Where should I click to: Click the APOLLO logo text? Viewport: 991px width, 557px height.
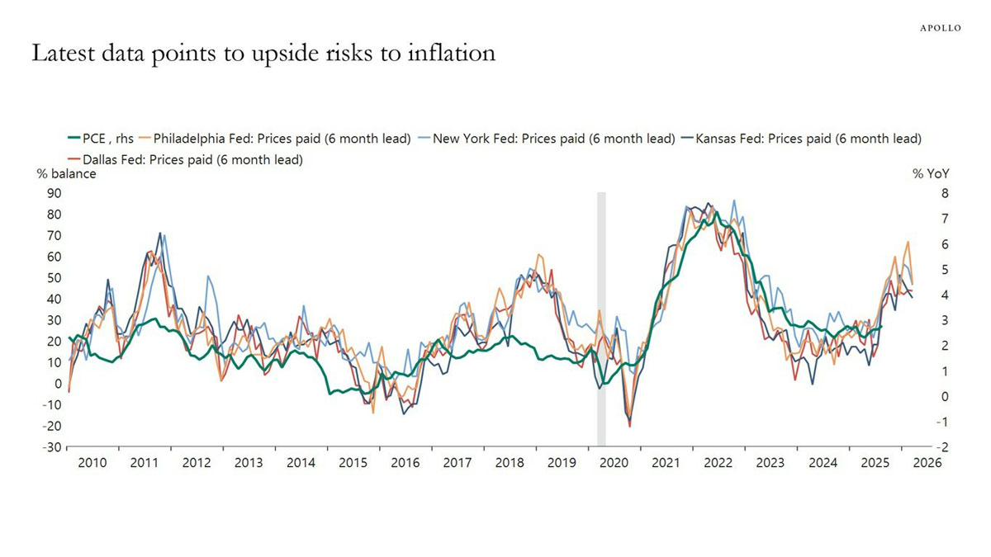coord(941,28)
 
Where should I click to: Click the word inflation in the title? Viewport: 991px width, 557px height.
coord(452,53)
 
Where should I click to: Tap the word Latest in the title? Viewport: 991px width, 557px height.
coord(64,53)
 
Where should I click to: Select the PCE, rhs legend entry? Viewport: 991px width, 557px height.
coord(101,139)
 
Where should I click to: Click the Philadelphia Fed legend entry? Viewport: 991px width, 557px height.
coord(275,139)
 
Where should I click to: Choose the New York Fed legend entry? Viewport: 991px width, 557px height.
coord(547,139)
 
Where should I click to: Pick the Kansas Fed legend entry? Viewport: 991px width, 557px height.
coord(801,139)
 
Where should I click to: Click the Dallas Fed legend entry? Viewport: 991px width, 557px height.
coord(185,159)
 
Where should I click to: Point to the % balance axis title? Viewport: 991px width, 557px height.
coord(66,174)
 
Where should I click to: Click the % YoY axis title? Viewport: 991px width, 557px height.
coord(931,174)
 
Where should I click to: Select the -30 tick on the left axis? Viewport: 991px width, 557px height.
coord(52,447)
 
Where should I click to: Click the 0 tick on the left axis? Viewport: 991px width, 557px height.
coord(58,384)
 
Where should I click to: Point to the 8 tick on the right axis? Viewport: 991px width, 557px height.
coord(945,193)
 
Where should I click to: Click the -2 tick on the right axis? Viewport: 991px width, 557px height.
coord(943,447)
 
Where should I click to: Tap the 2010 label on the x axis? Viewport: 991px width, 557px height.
coord(92,463)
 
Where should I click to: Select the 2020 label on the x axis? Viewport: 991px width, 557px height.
coord(614,463)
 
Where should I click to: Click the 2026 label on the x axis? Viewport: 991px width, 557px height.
coord(927,463)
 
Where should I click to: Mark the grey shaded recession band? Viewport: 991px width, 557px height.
coord(602,319)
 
